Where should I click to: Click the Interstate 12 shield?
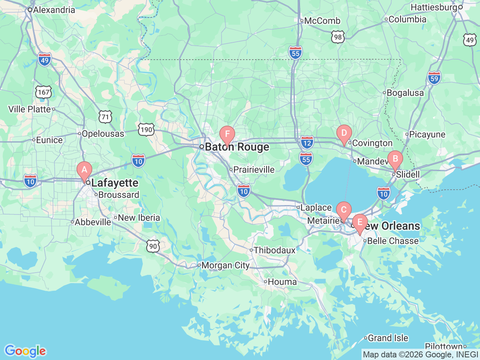307,142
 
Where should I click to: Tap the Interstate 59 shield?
434,78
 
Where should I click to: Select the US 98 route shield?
338,37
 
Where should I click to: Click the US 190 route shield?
146,130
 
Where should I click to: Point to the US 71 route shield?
105,117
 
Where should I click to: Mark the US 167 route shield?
43,92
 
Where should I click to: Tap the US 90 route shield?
153,246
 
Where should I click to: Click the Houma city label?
282,282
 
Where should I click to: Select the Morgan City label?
225,265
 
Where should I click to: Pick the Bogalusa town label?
405,93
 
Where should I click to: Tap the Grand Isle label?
388,338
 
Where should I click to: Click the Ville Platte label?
29,109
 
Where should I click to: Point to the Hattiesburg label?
434,7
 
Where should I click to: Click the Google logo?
25,351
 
